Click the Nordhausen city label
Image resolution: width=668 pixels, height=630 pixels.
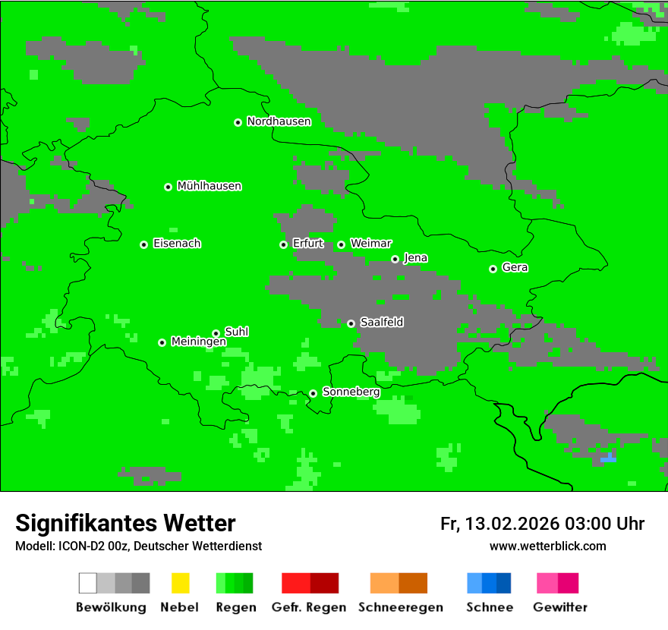point(279,121)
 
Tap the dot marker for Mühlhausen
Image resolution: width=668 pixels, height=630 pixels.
point(168,187)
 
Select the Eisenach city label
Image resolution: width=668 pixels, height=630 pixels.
point(177,244)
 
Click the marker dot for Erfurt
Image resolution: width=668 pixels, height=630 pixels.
point(283,244)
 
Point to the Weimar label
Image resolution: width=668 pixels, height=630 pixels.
point(370,244)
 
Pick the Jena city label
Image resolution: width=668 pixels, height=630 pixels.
point(415,258)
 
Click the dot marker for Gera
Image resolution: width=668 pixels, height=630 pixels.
point(493,269)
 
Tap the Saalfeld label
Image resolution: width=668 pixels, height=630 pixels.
point(381,323)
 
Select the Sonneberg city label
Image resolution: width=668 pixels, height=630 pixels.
point(351,392)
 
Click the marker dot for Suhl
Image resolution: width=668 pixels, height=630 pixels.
point(216,333)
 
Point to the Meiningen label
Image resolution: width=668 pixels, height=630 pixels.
point(198,342)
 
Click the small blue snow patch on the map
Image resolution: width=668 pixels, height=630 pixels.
point(608,459)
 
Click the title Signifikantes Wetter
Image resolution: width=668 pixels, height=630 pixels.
point(125,523)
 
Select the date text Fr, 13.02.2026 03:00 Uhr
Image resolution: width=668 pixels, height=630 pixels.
point(542,524)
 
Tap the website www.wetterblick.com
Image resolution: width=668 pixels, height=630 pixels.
point(547,546)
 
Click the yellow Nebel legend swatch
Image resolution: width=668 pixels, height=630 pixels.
point(180,583)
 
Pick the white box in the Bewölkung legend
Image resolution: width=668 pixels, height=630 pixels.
point(87,583)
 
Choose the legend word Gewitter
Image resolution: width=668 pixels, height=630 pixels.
point(560,607)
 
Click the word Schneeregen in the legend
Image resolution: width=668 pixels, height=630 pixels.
point(400,607)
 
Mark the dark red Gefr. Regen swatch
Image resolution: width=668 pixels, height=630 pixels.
point(324,583)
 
